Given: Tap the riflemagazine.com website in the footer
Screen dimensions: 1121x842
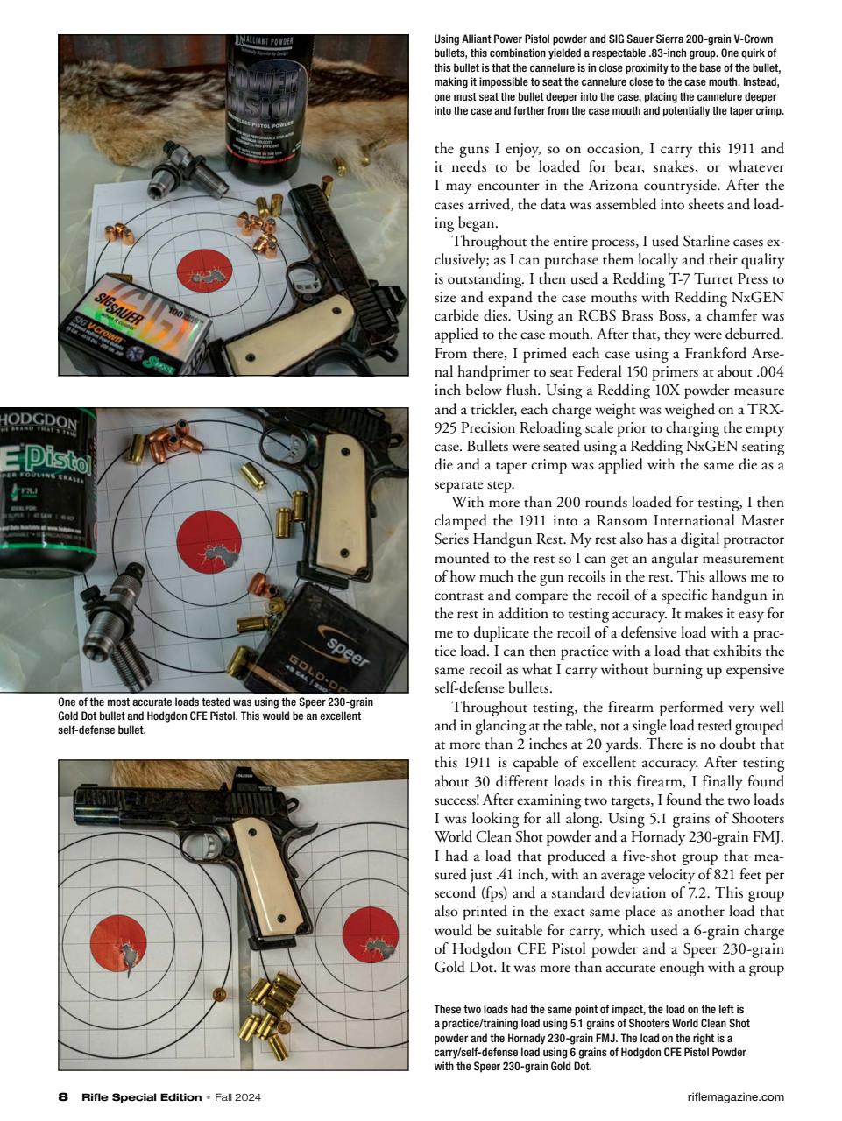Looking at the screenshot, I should (737, 1096).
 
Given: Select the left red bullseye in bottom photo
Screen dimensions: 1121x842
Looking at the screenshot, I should (118, 944).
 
